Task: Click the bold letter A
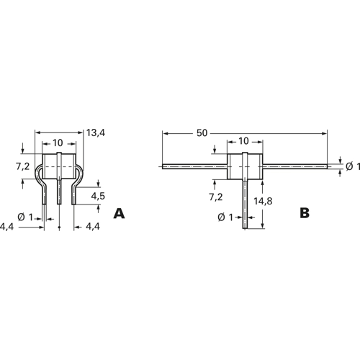119,213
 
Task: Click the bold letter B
305,212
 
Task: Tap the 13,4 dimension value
96,132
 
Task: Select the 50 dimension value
202,133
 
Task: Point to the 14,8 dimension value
263,201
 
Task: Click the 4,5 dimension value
98,196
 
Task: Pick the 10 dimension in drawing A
58,143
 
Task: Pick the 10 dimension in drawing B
243,141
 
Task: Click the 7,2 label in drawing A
23,166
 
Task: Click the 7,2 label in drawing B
216,197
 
